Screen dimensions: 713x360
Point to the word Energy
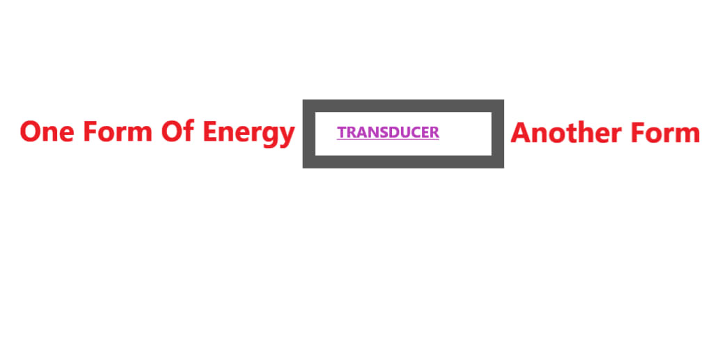tap(249, 132)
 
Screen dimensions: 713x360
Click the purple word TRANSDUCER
tap(388, 132)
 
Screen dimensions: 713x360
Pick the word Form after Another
tap(664, 132)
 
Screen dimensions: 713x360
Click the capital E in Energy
tap(210, 132)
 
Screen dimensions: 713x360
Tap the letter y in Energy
tap(288, 135)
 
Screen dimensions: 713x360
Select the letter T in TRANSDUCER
tap(341, 132)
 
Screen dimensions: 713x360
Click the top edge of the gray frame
tap(403, 105)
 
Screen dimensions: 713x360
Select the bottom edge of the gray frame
tap(403, 162)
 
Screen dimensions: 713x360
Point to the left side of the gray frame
tap(308, 134)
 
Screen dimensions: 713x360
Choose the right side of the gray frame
tap(497, 134)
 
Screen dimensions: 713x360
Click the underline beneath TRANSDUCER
tap(388, 139)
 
